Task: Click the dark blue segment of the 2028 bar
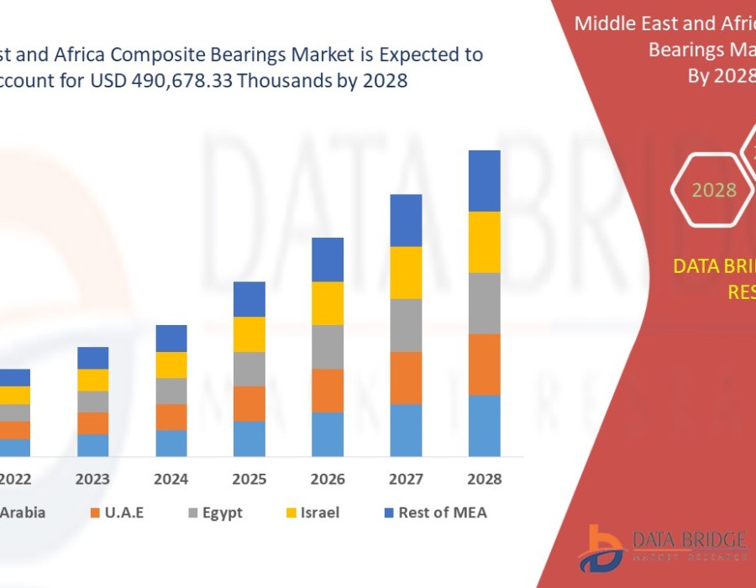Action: tap(485, 181)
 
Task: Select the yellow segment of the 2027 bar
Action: tap(406, 272)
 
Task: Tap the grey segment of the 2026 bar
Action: tap(328, 347)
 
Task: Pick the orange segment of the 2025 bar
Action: tap(249, 403)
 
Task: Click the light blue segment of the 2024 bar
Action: tap(171, 443)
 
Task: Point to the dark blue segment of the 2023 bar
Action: tap(93, 358)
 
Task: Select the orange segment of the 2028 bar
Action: tap(485, 364)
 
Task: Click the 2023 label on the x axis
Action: tap(92, 480)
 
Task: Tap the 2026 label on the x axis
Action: tap(328, 480)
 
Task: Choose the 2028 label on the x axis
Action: tap(485, 480)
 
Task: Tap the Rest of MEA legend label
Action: tap(443, 512)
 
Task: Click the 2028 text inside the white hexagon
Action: tap(714, 190)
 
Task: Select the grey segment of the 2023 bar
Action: tap(93, 402)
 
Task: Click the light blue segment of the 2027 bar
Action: tap(406, 430)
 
